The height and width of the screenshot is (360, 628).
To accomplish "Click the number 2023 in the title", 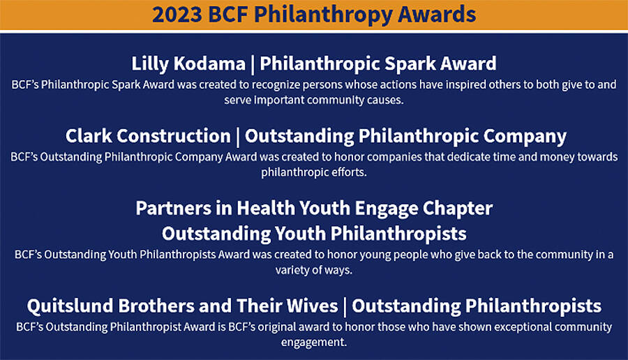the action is pos(177,15).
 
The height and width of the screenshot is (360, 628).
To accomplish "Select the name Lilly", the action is pos(148,64).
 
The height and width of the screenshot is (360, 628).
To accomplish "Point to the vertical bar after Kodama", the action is pos(253,64).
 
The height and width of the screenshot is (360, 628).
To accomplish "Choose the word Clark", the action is pos(89,136).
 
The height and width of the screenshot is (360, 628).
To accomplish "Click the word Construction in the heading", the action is pos(174,136).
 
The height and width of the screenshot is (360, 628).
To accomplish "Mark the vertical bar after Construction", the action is pos(237,137).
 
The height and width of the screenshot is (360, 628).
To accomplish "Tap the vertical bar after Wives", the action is pos(345,307).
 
